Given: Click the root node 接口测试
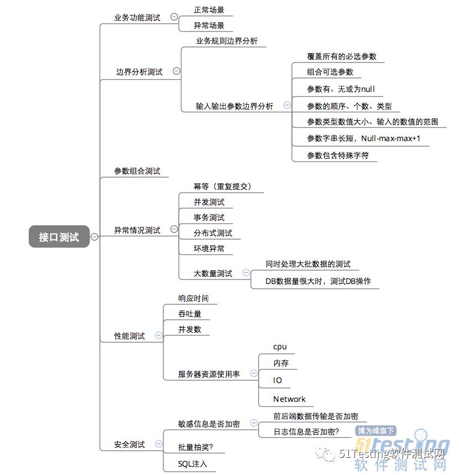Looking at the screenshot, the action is pyautogui.click(x=59, y=237).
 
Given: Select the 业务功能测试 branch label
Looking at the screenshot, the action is pyautogui.click(x=137, y=18).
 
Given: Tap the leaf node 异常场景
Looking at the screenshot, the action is pyautogui.click(x=209, y=25).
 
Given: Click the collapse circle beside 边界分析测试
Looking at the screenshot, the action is pyautogui.click(x=176, y=71).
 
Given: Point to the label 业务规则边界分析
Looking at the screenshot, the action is pyautogui.click(x=227, y=42).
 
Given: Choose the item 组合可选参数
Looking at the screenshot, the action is pyautogui.click(x=330, y=72).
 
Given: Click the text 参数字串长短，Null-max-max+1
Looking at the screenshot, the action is pyautogui.click(x=363, y=138).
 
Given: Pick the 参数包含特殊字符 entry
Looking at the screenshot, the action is pyautogui.click(x=338, y=156).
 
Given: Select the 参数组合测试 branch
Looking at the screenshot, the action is pyautogui.click(x=137, y=172).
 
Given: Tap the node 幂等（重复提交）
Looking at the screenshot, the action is pyautogui.click(x=222, y=187).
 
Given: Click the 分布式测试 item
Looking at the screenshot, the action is pyautogui.click(x=213, y=233).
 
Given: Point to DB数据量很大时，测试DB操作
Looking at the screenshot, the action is pyautogui.click(x=318, y=281).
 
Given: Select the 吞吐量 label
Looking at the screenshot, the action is pyautogui.click(x=190, y=314).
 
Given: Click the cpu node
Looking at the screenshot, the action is pyautogui.click(x=280, y=347).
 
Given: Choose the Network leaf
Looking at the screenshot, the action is pyautogui.click(x=289, y=399).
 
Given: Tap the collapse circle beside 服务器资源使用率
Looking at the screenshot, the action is pyautogui.click(x=253, y=374).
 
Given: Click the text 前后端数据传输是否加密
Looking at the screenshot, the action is pyautogui.click(x=315, y=416).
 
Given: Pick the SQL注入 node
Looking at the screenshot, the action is pyautogui.click(x=192, y=463).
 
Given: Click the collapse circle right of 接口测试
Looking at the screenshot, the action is pyautogui.click(x=94, y=237).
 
